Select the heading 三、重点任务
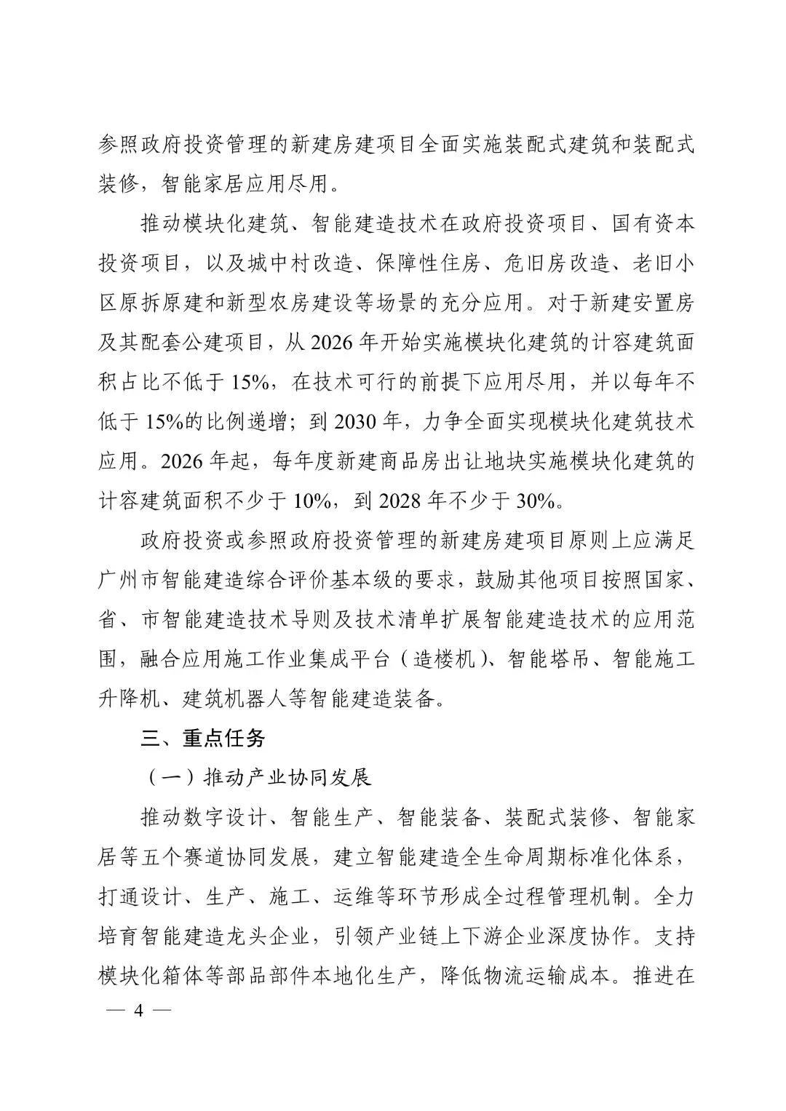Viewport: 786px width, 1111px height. [x=203, y=738]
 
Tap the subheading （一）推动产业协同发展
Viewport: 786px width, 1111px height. [x=257, y=777]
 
